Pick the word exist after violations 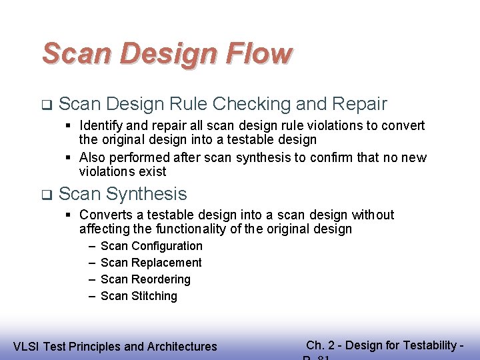click(153, 171)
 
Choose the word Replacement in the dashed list click(167, 263)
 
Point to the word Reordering click(161, 279)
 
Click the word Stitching click(154, 296)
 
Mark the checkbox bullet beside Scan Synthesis click(45, 195)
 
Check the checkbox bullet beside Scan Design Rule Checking click(45, 105)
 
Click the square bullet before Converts click(69, 215)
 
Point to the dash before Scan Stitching click(91, 296)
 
